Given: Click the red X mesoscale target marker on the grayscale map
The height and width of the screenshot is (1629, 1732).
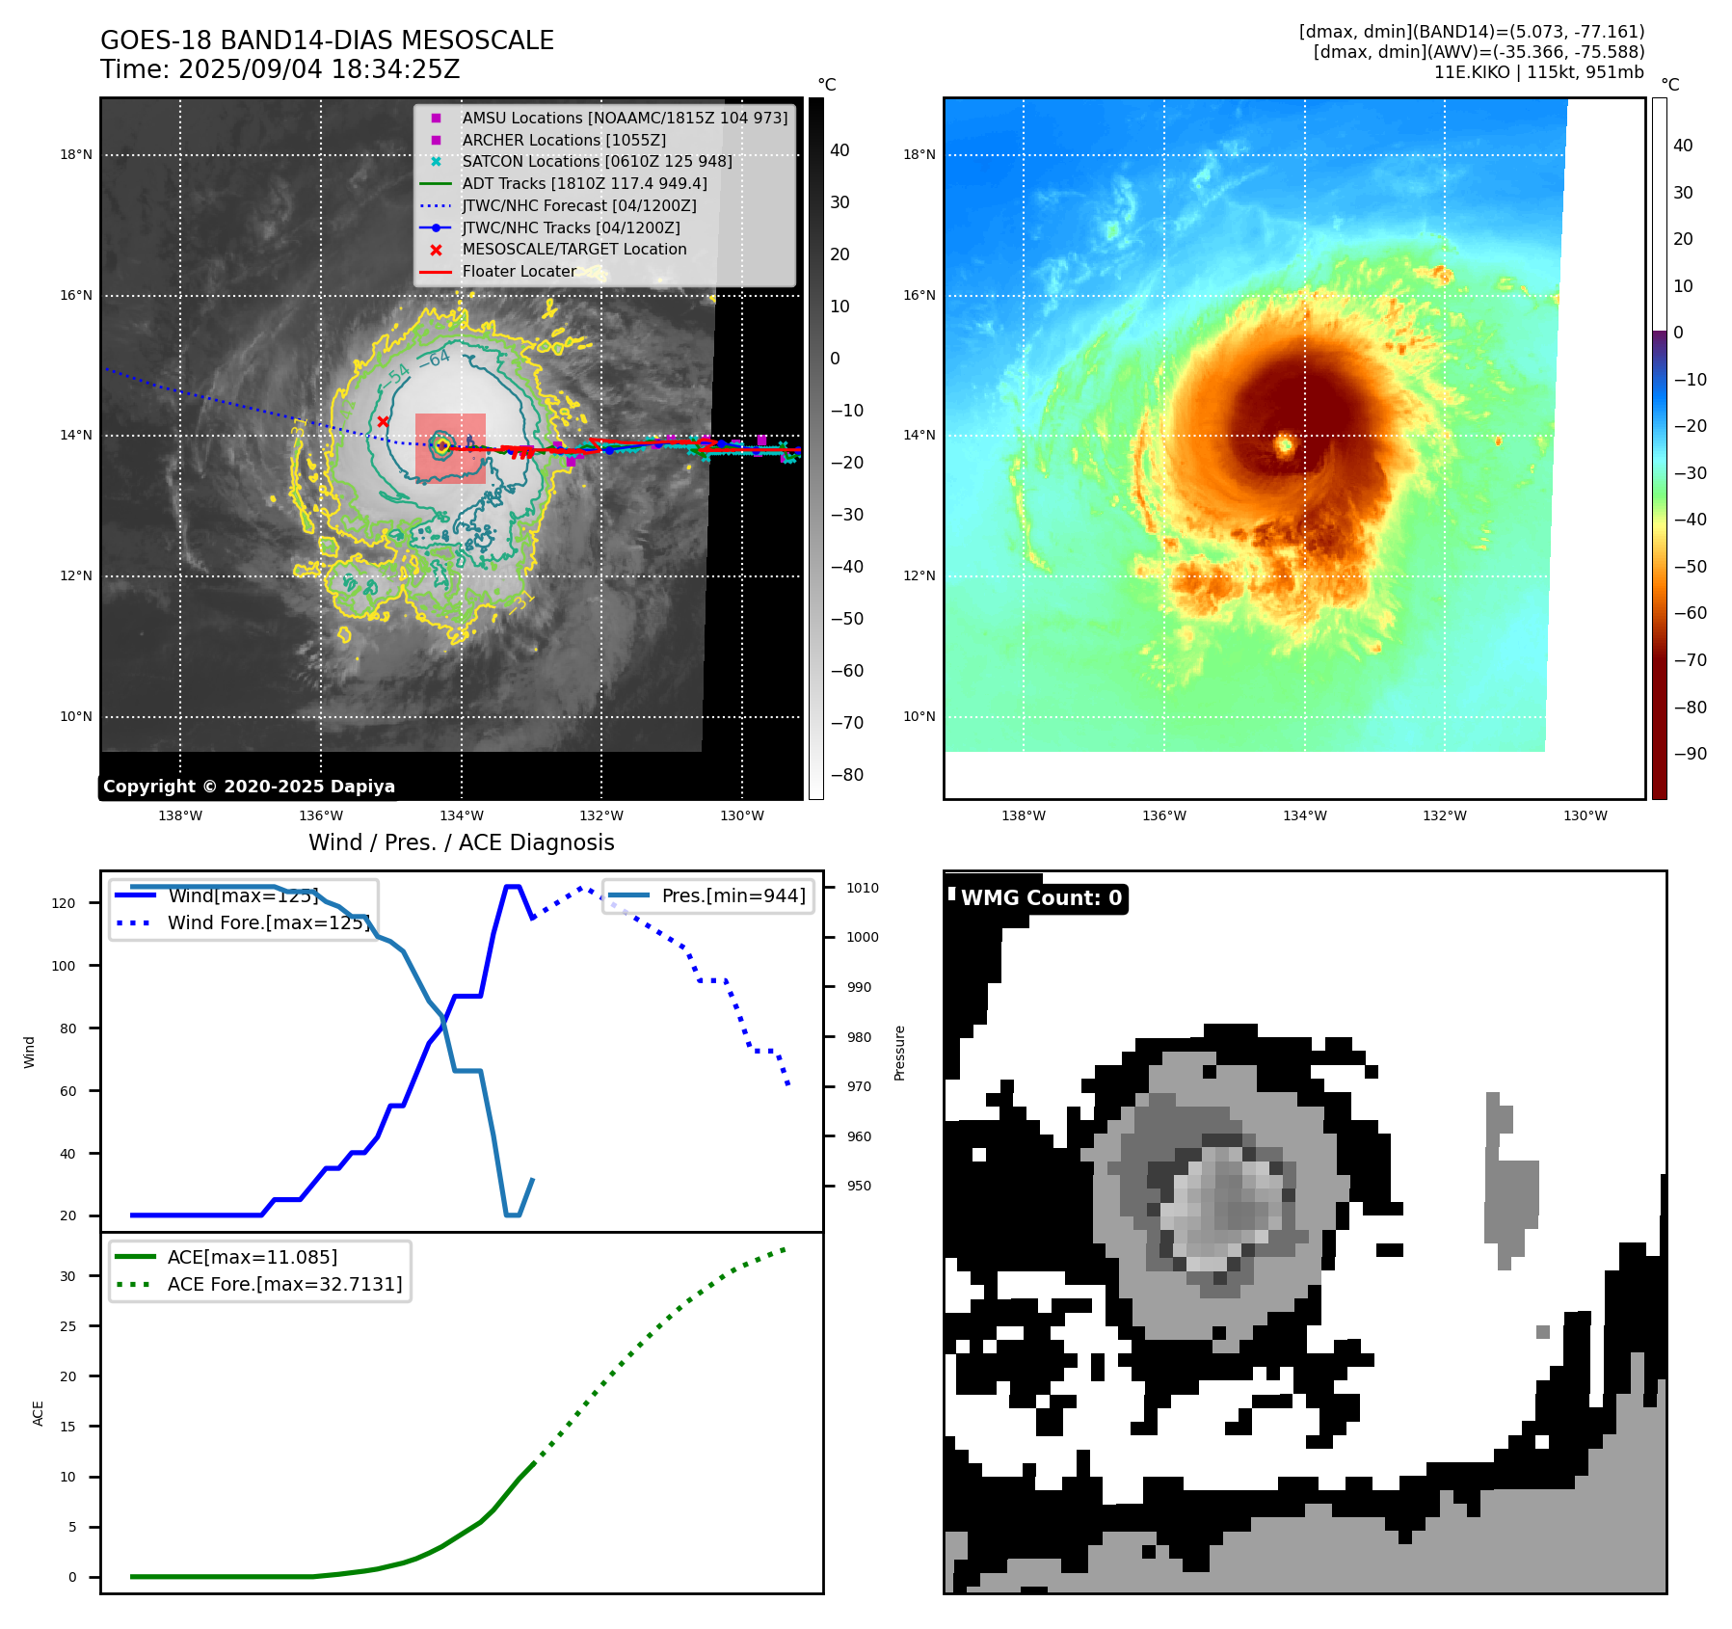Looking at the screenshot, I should click(x=383, y=421).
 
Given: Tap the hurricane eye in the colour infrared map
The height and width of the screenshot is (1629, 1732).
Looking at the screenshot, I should click(x=1285, y=445).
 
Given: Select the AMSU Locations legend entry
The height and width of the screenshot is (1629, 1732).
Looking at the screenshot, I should click(x=624, y=118).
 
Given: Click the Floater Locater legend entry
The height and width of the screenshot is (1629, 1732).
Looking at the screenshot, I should click(x=519, y=272).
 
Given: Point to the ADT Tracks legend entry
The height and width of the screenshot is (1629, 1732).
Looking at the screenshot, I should click(x=584, y=183).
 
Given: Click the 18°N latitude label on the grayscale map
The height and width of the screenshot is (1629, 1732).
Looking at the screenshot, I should click(x=76, y=154).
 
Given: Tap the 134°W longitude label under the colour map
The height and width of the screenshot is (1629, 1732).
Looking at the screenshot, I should click(x=1304, y=815).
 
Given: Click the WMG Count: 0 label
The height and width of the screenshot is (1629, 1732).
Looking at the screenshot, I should click(x=1041, y=898).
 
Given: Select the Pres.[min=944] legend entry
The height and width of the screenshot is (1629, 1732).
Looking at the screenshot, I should click(x=733, y=895).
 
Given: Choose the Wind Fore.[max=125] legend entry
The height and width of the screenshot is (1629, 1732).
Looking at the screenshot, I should click(x=268, y=922).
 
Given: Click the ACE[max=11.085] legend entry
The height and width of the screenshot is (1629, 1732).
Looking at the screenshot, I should click(x=252, y=1257).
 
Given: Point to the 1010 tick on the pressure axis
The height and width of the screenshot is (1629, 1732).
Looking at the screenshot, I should click(x=863, y=888).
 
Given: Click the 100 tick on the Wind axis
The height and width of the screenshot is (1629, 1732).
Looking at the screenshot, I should click(x=64, y=966).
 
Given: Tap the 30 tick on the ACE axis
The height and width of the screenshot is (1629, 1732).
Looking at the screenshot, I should click(x=67, y=1276).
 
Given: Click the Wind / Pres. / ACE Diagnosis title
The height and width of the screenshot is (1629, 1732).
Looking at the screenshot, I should click(x=461, y=842).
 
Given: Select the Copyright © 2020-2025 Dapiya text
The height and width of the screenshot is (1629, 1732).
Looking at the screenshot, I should click(x=249, y=787).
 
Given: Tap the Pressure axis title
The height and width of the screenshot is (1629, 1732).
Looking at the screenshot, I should click(x=899, y=1053).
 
